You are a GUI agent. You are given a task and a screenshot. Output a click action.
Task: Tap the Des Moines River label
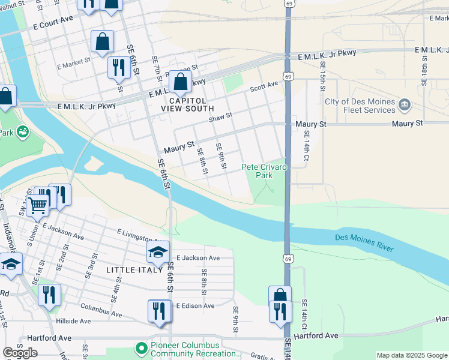364,242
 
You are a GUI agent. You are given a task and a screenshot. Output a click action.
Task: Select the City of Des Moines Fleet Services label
360,105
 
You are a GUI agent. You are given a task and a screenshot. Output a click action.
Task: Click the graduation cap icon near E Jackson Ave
158,252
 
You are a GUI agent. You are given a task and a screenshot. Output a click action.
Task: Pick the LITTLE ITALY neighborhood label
135,270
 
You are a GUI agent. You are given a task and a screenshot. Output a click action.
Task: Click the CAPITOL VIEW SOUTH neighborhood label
187,104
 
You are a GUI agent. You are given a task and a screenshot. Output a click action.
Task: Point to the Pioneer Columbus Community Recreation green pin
141,348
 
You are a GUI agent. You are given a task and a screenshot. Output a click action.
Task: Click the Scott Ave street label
264,87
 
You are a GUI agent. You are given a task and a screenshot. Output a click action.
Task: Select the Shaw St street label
220,118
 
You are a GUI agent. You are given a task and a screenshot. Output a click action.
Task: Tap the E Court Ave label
53,26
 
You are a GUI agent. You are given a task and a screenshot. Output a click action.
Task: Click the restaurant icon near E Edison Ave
159,310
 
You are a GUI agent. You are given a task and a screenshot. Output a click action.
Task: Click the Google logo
20,353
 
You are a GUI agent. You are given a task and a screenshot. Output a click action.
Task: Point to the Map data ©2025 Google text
411,355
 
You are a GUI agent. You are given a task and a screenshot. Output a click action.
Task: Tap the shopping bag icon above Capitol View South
179,82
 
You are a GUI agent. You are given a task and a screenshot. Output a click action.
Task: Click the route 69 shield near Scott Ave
289,77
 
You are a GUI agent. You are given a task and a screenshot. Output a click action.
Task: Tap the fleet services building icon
405,105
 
